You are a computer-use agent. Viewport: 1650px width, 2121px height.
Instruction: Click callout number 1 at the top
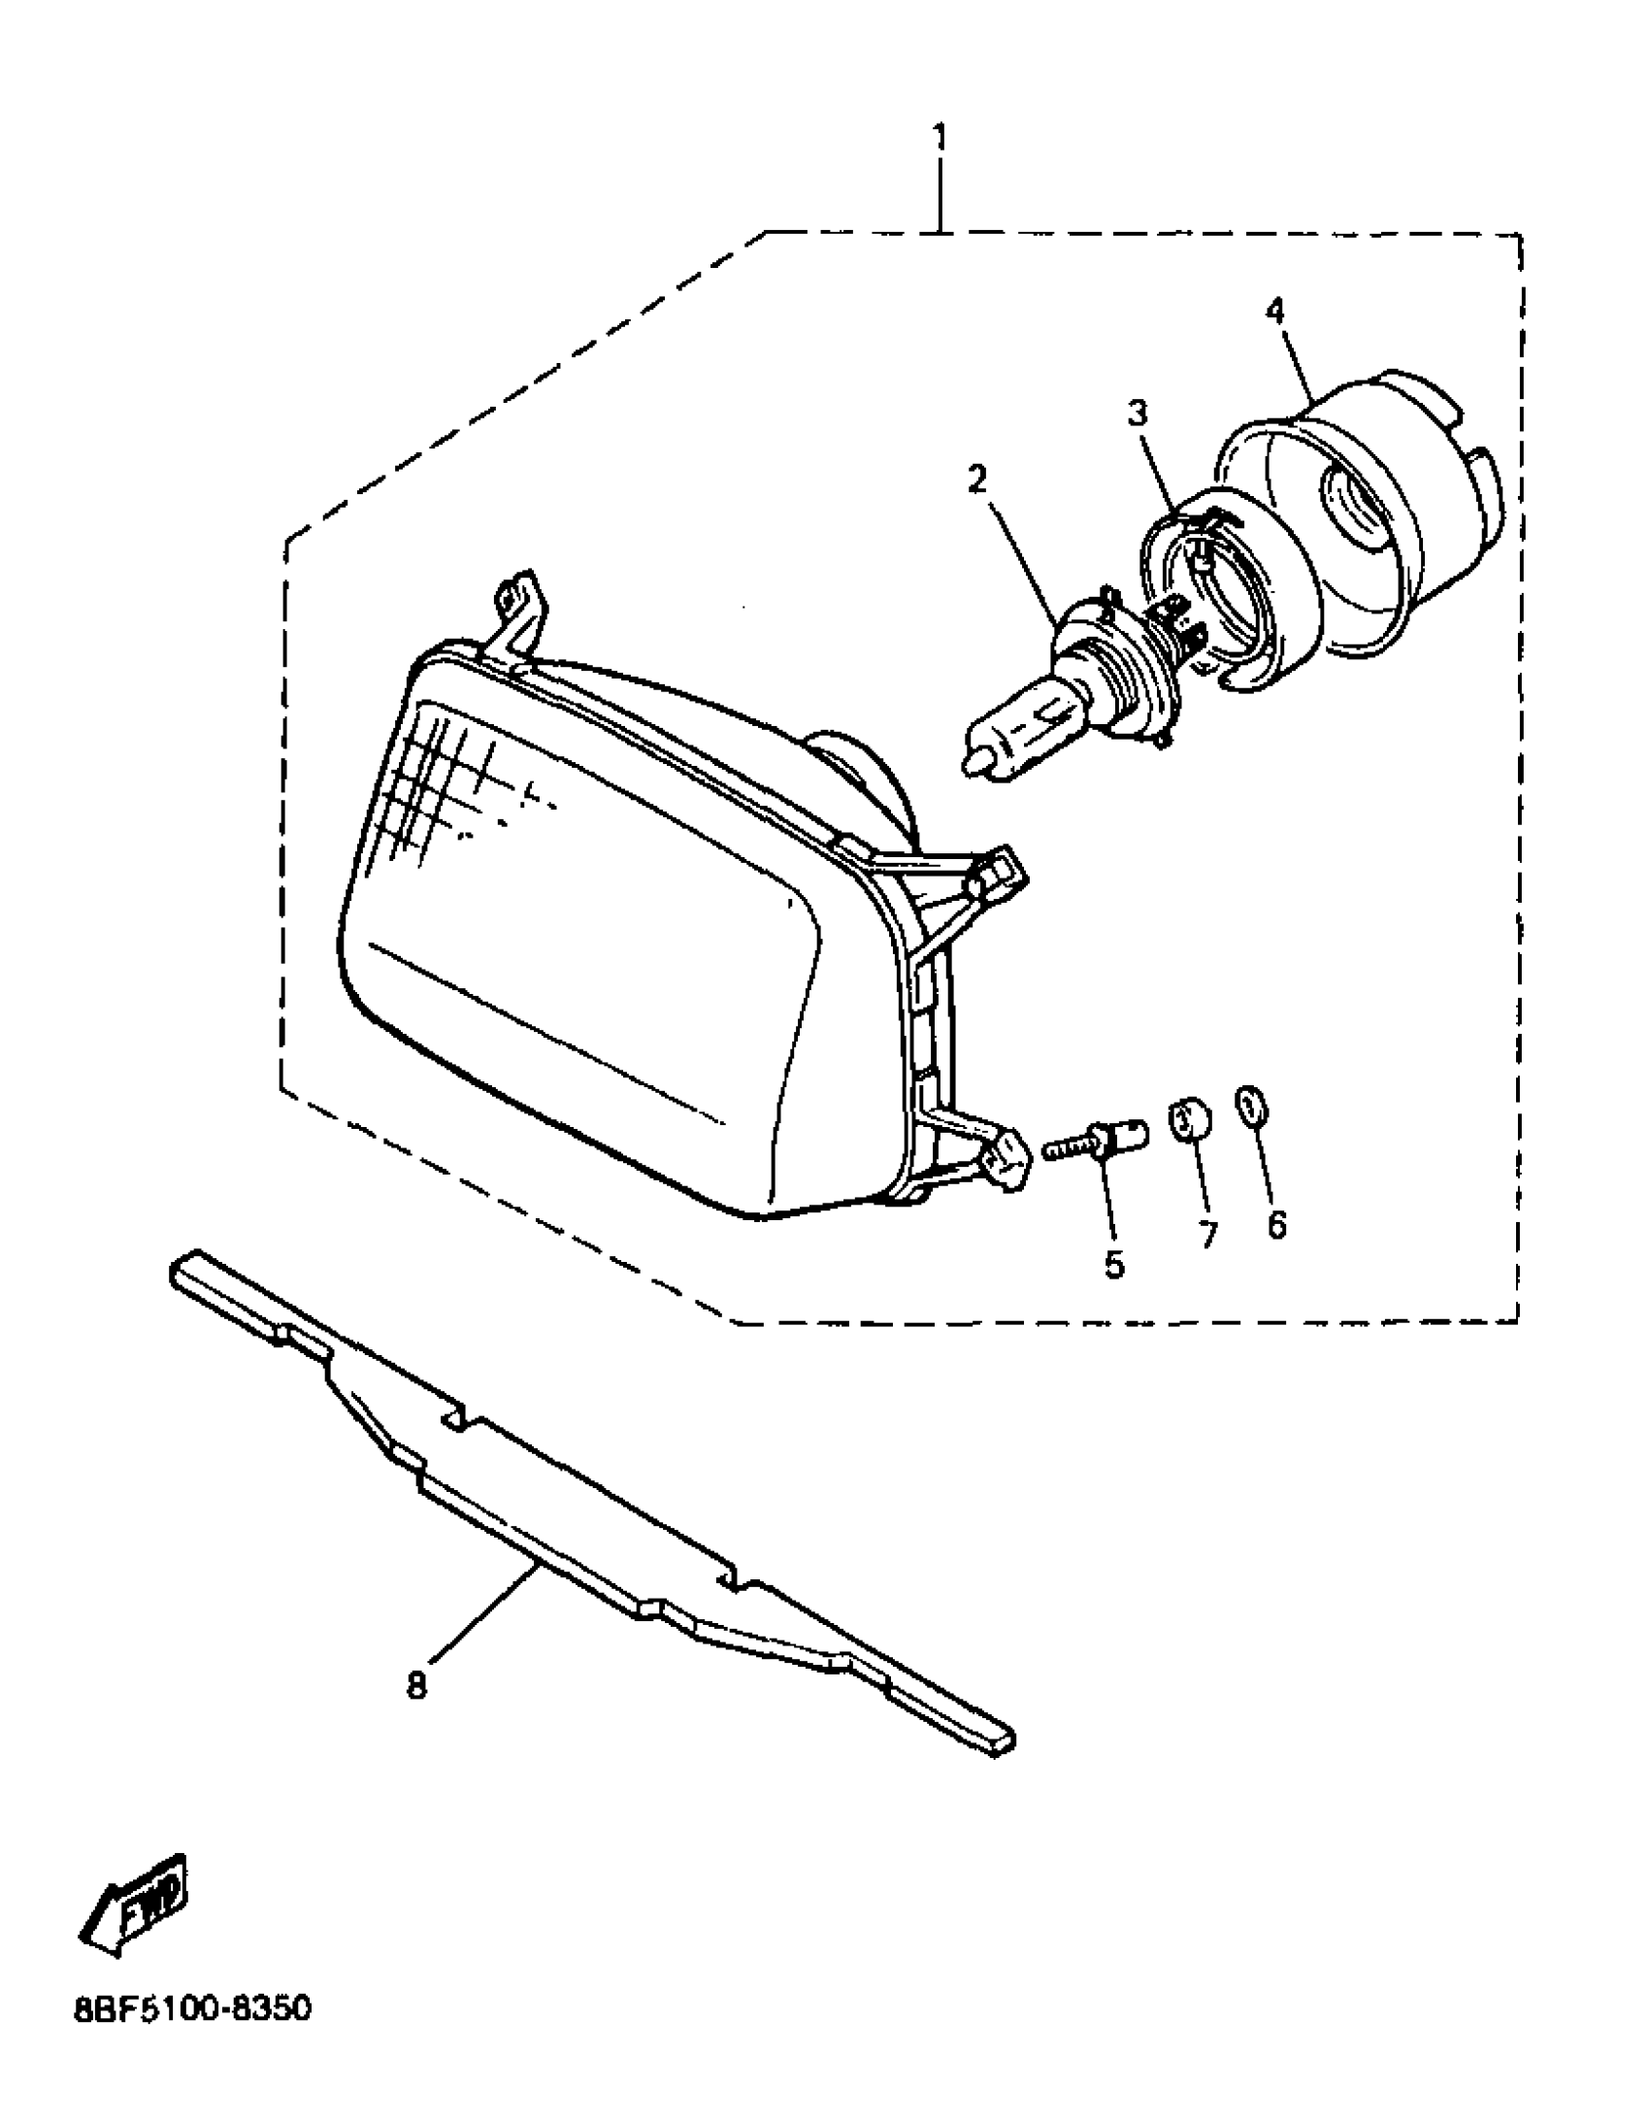point(939,137)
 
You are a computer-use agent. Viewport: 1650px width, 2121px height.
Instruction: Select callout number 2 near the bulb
point(976,479)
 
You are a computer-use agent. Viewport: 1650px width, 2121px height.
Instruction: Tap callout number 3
point(1137,414)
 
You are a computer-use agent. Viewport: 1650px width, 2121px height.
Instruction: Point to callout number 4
point(1274,311)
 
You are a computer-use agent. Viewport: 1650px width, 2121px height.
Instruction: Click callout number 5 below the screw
point(1113,1264)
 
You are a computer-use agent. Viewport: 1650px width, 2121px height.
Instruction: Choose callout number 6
point(1276,1225)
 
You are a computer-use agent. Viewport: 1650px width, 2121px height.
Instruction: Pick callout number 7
point(1207,1235)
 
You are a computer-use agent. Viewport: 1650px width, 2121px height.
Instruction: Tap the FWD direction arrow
point(136,1913)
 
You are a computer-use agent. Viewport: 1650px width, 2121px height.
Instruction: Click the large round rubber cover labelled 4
point(1360,514)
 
